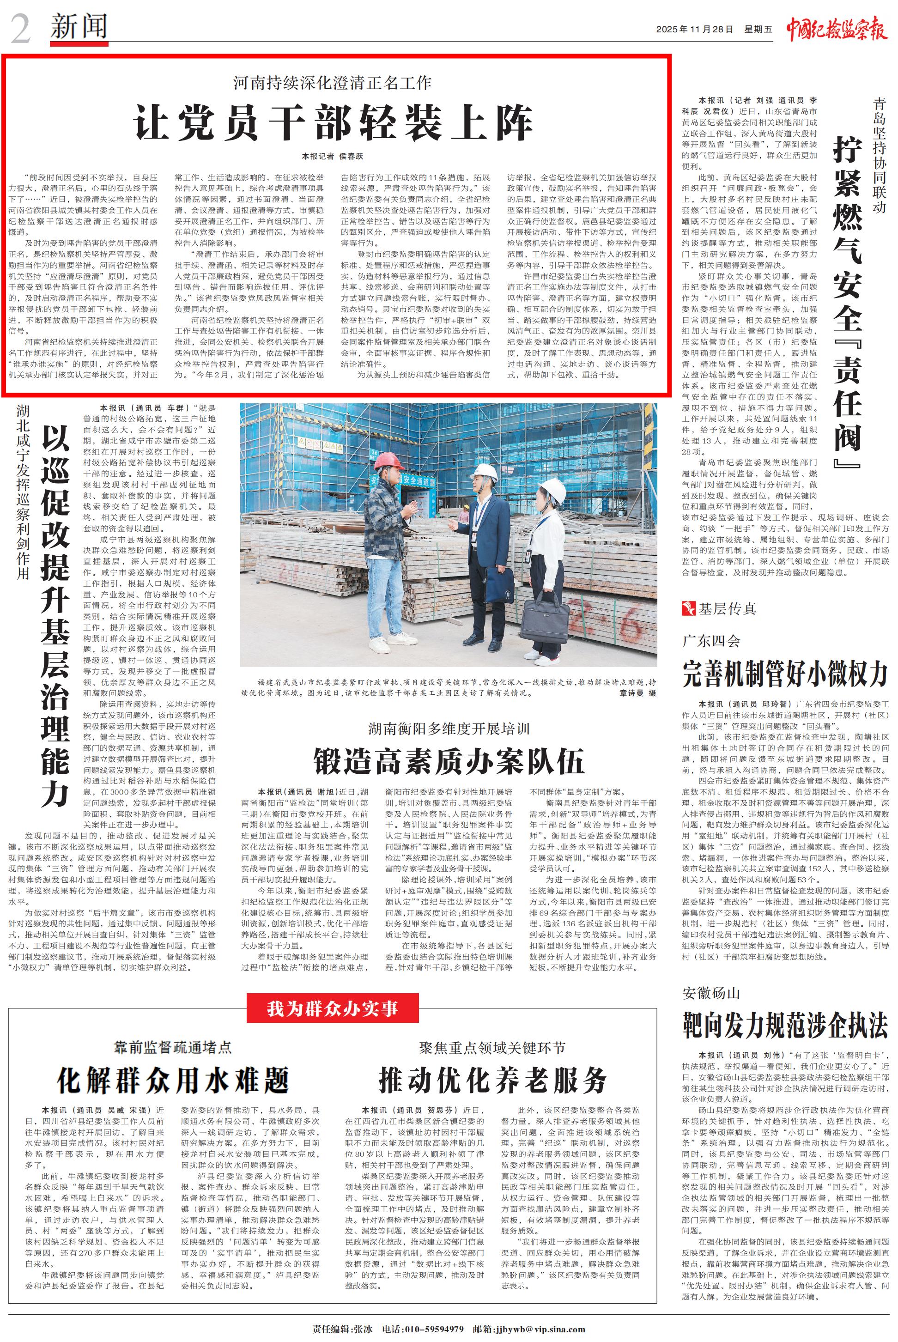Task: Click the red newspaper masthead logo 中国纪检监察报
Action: pyautogui.click(x=836, y=28)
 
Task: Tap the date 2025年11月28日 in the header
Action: pyautogui.click(x=690, y=30)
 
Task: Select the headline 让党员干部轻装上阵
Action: pyautogui.click(x=334, y=122)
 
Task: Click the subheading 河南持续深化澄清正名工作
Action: pyautogui.click(x=333, y=83)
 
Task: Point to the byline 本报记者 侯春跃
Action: pyautogui.click(x=333, y=156)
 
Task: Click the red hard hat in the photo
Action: pyautogui.click(x=387, y=460)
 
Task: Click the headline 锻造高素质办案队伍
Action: pyautogui.click(x=449, y=761)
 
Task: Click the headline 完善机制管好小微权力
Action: pyautogui.click(x=785, y=674)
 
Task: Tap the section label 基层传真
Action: pyautogui.click(x=726, y=609)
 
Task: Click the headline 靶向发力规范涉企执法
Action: pyautogui.click(x=785, y=1025)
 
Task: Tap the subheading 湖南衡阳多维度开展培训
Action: pyautogui.click(x=449, y=729)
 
